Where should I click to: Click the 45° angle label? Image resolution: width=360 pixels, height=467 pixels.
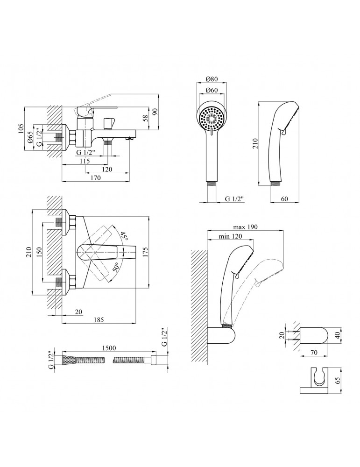pos(123,236)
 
